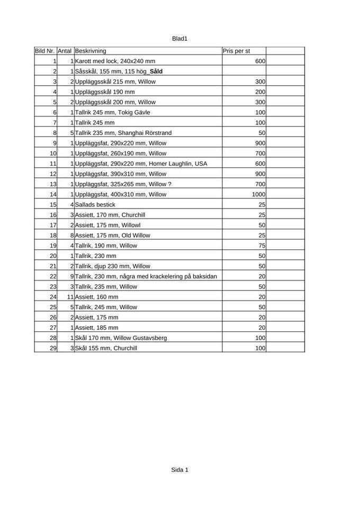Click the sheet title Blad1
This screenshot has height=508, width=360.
pyautogui.click(x=180, y=39)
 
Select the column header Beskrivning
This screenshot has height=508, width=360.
pyautogui.click(x=91, y=51)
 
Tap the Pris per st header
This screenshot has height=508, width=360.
pyautogui.click(x=236, y=51)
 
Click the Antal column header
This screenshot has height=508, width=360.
pyautogui.click(x=65, y=51)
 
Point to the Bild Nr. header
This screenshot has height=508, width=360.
pyautogui.click(x=45, y=51)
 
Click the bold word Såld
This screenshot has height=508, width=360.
pyautogui.click(x=156, y=71)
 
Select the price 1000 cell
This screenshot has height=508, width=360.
pyautogui.click(x=258, y=194)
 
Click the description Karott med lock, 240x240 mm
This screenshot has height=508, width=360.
pyautogui.click(x=115, y=61)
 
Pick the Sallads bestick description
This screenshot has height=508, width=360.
pyautogui.click(x=95, y=204)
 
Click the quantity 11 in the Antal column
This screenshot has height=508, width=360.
pyautogui.click(x=70, y=297)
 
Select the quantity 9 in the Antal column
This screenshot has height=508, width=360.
pyautogui.click(x=71, y=276)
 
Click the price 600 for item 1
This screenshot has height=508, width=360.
pyautogui.click(x=260, y=61)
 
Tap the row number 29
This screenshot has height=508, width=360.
pyautogui.click(x=53, y=348)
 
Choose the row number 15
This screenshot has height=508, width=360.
pyautogui.click(x=53, y=204)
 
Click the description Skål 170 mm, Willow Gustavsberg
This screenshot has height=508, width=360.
pyautogui.click(x=121, y=338)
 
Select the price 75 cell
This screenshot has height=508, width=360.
pyautogui.click(x=262, y=246)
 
